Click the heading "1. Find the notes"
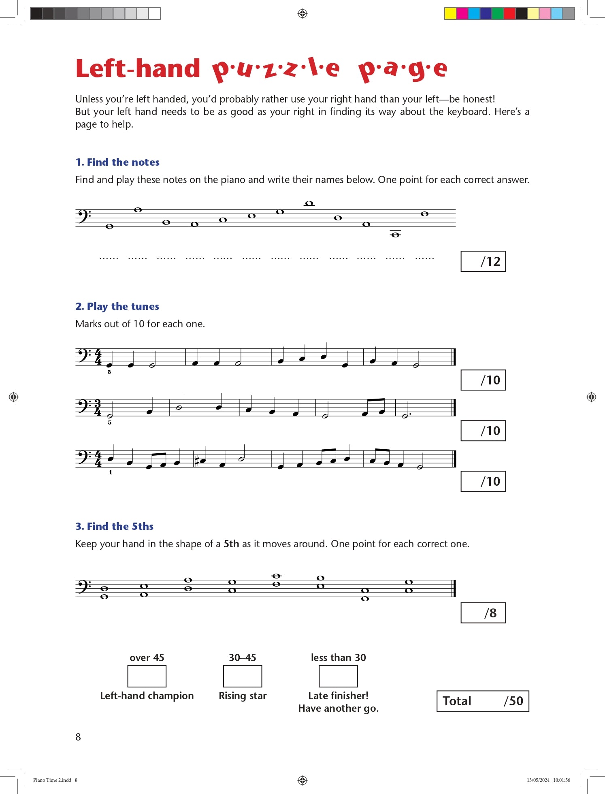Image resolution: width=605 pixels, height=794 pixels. (117, 162)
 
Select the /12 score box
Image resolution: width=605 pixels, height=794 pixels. (483, 261)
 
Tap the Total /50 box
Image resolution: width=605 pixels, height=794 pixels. (483, 701)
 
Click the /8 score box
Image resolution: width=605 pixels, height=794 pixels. (483, 613)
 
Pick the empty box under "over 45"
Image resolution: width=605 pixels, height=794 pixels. (147, 676)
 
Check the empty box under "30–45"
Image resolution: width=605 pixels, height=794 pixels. (243, 676)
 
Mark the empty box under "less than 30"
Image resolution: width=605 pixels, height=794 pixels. (338, 676)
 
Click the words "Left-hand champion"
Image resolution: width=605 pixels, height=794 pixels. (147, 696)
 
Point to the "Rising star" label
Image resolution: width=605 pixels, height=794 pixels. (243, 696)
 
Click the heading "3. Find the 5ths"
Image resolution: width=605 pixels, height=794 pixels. (115, 526)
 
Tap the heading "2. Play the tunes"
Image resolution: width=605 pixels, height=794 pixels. (117, 306)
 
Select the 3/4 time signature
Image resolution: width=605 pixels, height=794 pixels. (98, 408)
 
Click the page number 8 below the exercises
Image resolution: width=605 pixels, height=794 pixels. (78, 737)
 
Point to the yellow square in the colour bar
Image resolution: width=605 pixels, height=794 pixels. (450, 13)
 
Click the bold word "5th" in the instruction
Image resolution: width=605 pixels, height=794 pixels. (231, 544)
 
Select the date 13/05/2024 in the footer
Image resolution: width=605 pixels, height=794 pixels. (538, 780)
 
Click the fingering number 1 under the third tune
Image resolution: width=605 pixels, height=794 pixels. (111, 472)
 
